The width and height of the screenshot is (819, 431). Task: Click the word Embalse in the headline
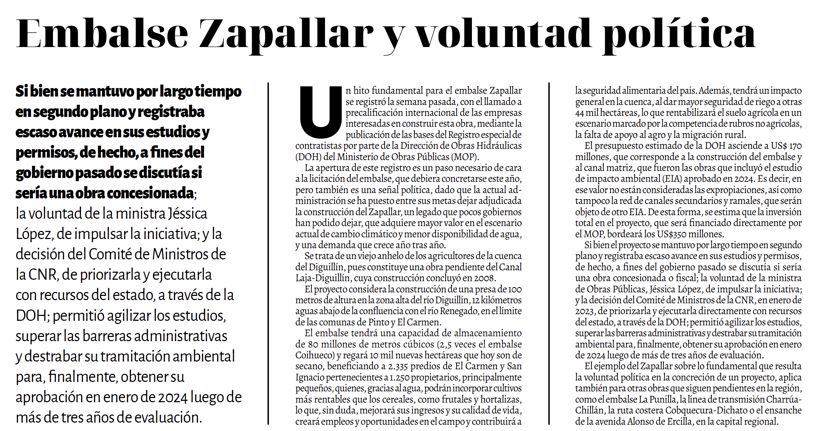[102, 34]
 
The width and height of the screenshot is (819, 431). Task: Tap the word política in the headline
[678, 34]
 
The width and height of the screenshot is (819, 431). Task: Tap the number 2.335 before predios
[398, 366]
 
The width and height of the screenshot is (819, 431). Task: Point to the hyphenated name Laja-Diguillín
[323, 278]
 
